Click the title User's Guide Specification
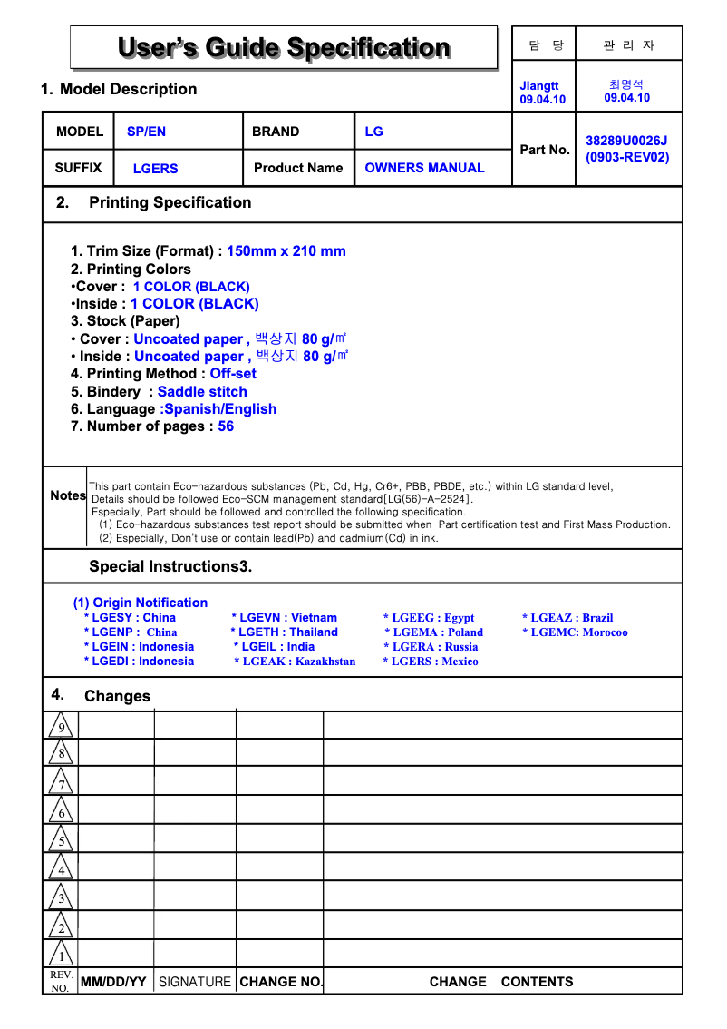click(284, 47)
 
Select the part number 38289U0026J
click(626, 141)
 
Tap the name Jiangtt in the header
click(539, 86)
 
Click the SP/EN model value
click(146, 132)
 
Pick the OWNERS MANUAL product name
click(424, 168)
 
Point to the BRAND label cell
click(276, 132)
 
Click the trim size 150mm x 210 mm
click(286, 251)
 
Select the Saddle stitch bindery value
click(202, 392)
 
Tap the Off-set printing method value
click(233, 374)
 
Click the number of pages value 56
click(226, 426)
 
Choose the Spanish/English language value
click(219, 409)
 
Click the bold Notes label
click(68, 495)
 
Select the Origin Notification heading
click(141, 603)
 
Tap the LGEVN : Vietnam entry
click(285, 618)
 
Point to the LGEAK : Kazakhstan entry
click(295, 661)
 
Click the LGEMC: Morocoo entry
click(575, 632)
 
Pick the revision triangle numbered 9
click(61, 727)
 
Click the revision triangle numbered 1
click(61, 955)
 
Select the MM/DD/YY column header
click(113, 982)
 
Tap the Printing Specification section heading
click(170, 202)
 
